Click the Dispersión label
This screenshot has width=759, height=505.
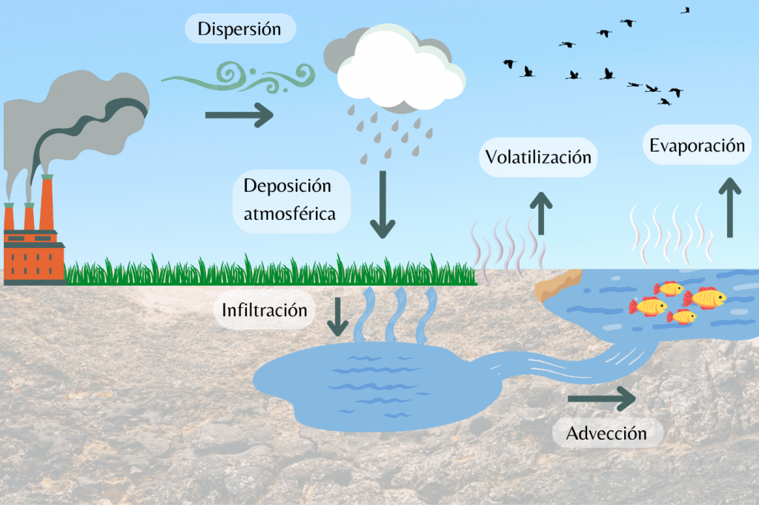(x=239, y=30)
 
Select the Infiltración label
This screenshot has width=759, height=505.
(x=265, y=310)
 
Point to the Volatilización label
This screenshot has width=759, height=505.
(x=538, y=157)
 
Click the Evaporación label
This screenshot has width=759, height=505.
(x=697, y=145)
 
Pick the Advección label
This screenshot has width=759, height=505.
(x=606, y=433)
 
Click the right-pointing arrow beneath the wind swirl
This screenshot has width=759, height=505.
(x=239, y=115)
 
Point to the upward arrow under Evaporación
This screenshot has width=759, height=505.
(x=731, y=207)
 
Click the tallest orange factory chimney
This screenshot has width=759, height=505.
(x=47, y=204)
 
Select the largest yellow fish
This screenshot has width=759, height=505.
(x=705, y=298)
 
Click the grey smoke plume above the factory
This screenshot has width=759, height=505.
(x=89, y=111)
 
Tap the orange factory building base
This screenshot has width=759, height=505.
(x=33, y=255)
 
